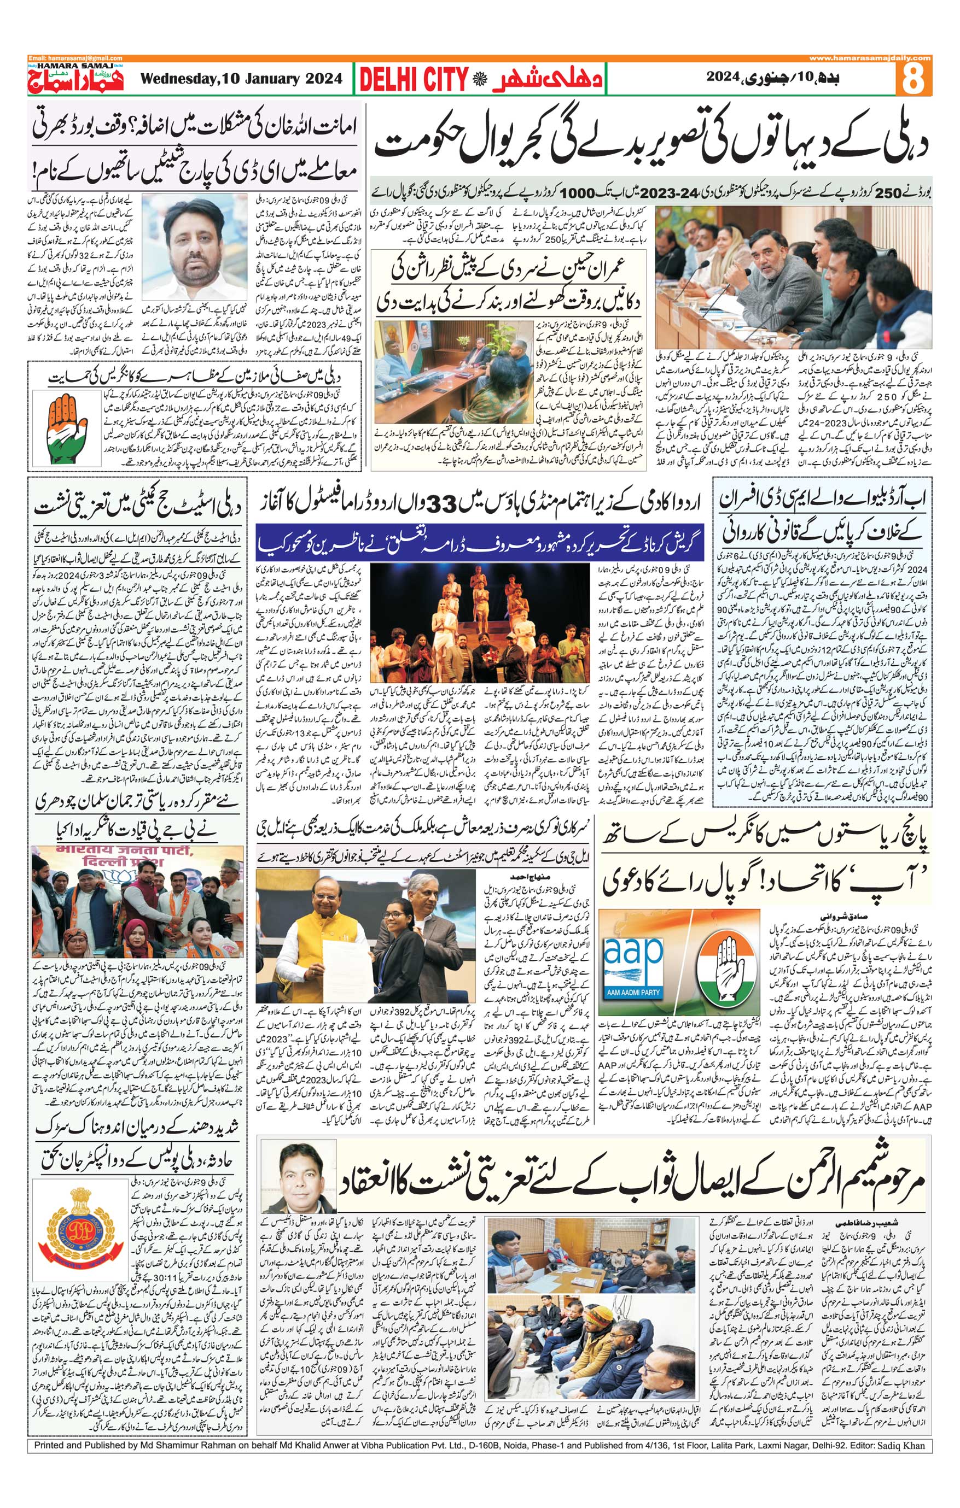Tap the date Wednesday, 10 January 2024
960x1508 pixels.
[242, 79]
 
